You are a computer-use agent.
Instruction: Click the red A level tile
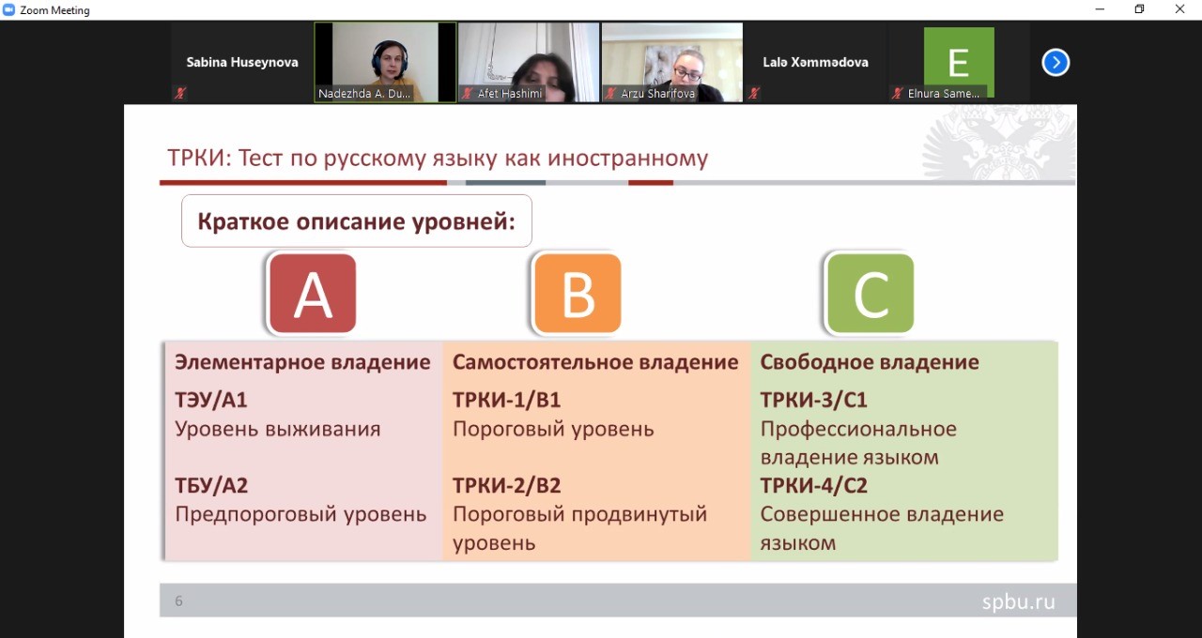(313, 294)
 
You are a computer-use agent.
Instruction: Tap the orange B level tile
(578, 294)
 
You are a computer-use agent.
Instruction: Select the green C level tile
(871, 294)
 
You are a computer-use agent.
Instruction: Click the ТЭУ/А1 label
(211, 400)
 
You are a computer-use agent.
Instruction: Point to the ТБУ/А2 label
(211, 486)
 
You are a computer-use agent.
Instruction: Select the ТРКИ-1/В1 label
(506, 400)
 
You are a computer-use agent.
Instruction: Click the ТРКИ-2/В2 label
(506, 486)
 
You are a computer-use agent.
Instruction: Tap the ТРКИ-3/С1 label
(813, 400)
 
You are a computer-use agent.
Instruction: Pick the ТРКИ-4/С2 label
(813, 486)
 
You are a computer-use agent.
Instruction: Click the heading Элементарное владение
(302, 362)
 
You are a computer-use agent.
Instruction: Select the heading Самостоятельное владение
(595, 362)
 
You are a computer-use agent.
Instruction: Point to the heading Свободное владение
(870, 362)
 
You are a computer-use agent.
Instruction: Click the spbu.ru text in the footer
(1018, 602)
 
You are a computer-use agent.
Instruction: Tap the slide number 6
(178, 601)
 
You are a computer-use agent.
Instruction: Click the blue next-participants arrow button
(1056, 63)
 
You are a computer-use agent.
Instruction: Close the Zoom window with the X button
(1179, 9)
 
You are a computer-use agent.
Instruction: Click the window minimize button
(1100, 9)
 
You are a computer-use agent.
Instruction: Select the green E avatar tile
(959, 62)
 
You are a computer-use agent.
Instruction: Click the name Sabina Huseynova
(242, 62)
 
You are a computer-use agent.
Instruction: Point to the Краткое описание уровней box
(356, 220)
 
